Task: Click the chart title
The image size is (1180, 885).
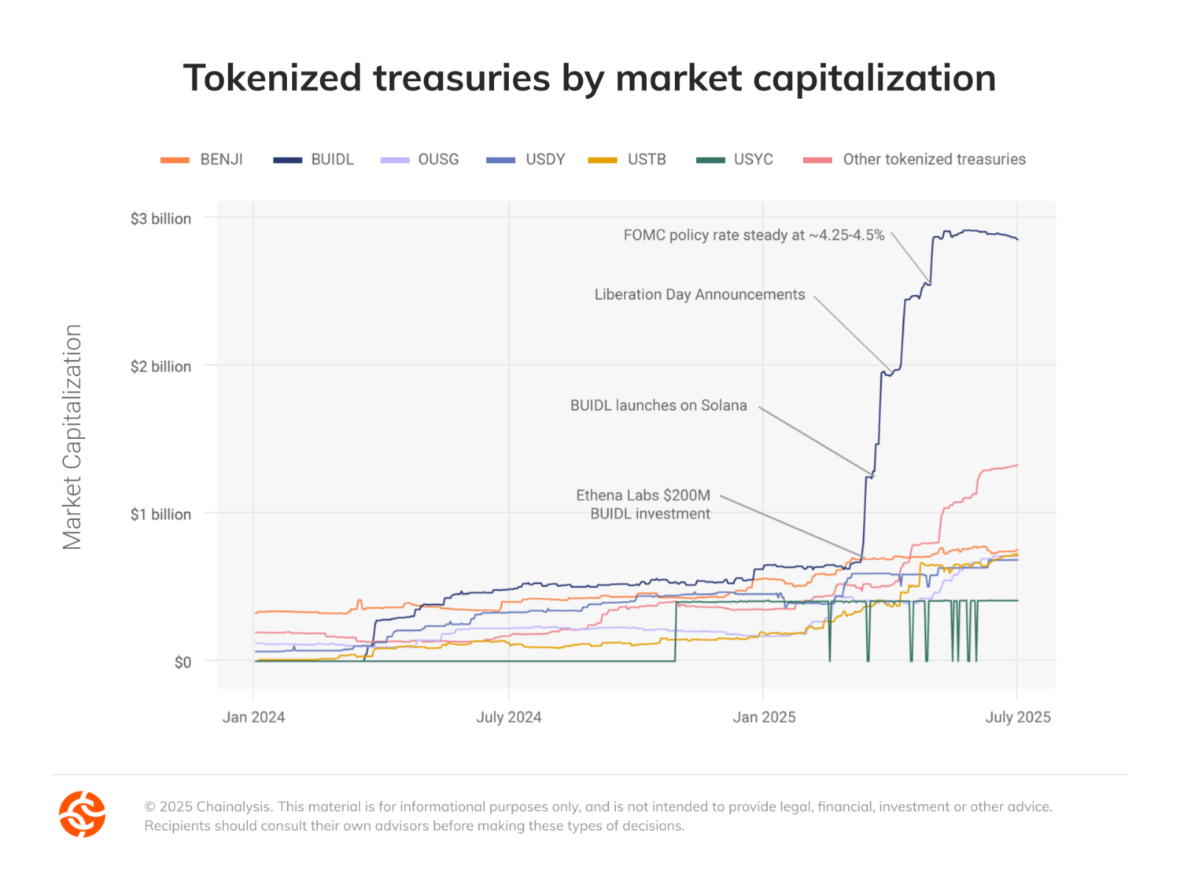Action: click(x=589, y=78)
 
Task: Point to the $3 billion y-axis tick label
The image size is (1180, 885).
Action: click(x=160, y=219)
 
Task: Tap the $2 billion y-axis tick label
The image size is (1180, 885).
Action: click(x=160, y=367)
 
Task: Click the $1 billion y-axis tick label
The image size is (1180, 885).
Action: click(x=160, y=514)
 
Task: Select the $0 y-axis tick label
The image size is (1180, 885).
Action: click(x=183, y=662)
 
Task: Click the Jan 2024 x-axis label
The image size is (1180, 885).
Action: click(x=253, y=717)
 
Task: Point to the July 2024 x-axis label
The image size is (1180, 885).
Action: click(x=508, y=717)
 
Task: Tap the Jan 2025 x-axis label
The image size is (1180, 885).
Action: click(x=764, y=717)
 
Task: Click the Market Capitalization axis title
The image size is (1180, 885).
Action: click(x=72, y=437)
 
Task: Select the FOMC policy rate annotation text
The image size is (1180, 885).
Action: click(x=754, y=235)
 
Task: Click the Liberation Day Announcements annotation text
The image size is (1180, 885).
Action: click(x=699, y=294)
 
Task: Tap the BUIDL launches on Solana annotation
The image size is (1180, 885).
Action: click(x=658, y=405)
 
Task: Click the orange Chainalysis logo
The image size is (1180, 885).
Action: click(x=83, y=814)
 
